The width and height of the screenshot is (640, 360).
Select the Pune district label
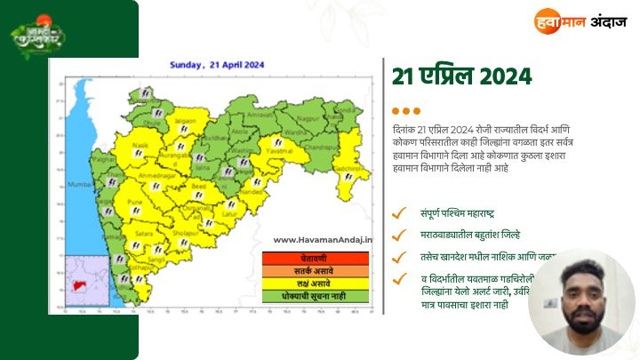click(136, 203)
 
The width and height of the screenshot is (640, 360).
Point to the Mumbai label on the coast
click(81, 185)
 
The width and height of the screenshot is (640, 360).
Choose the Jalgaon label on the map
click(185, 119)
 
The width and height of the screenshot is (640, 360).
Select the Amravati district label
click(258, 115)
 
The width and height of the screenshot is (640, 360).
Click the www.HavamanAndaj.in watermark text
click(323, 239)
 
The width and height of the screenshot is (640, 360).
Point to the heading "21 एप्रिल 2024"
click(461, 76)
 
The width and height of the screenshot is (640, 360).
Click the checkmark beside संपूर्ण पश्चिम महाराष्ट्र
click(399, 212)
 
